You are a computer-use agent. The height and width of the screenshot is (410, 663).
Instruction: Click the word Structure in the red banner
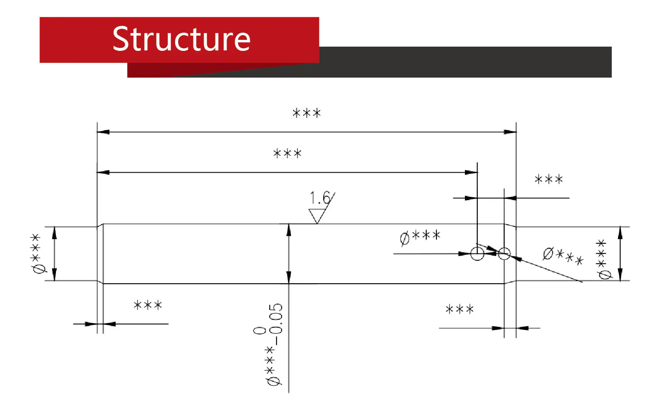pos(181,39)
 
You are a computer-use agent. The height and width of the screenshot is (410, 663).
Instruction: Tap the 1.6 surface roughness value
pos(319,198)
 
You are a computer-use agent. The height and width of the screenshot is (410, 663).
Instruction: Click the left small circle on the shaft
pos(477,254)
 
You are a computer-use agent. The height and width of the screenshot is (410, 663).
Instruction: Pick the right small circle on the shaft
pos(504,254)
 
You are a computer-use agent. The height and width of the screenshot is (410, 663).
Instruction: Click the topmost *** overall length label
pos(307,113)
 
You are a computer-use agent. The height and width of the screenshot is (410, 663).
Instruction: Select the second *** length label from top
pos(287,153)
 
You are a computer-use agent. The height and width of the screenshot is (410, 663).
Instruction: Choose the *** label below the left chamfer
pos(148,305)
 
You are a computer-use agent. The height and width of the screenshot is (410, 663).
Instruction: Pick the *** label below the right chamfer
pos(459,309)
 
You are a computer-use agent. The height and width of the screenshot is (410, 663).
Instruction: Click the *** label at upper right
pos(548,179)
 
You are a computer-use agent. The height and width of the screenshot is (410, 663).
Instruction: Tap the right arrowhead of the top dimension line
pos(510,132)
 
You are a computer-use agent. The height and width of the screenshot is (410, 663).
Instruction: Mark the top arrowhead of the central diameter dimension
pos(289,229)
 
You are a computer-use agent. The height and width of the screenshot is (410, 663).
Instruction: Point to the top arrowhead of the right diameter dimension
pos(620,232)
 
